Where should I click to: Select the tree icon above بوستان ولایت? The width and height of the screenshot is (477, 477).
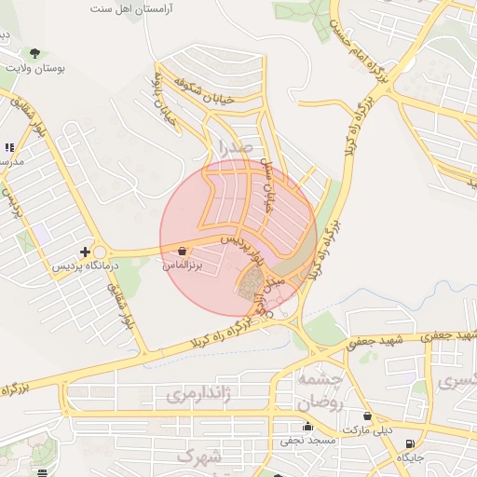[35, 51]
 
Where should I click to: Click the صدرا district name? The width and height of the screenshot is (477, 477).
[235, 148]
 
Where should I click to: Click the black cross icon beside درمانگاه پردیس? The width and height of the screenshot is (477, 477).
[86, 252]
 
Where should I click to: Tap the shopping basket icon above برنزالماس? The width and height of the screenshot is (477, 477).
[181, 251]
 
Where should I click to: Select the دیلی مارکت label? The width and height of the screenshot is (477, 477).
[367, 431]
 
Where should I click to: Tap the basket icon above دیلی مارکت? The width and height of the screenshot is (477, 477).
[367, 416]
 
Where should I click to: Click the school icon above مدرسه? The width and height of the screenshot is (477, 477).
[9, 147]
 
